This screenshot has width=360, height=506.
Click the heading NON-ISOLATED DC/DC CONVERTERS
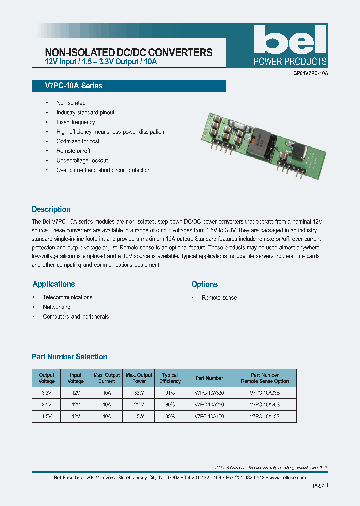click(129, 52)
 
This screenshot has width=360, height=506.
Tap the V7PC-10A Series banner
click(67, 86)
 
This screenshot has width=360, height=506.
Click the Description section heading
click(51, 209)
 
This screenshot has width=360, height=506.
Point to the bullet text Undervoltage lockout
click(82, 160)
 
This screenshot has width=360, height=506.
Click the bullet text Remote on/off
click(73, 151)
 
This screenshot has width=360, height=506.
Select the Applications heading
click(54, 284)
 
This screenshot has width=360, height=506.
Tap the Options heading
click(204, 284)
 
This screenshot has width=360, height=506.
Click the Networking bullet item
click(57, 307)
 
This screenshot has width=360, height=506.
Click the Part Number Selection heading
click(69, 357)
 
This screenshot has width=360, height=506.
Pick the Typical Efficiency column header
click(170, 378)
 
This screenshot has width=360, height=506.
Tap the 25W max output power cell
click(139, 405)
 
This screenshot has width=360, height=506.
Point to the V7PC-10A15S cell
click(264, 416)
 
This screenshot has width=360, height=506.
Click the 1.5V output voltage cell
click(47, 416)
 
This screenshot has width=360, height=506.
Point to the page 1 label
click(320, 485)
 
